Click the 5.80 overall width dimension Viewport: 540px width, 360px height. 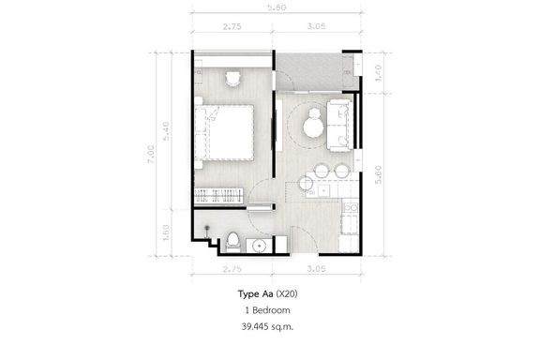(x=277, y=7)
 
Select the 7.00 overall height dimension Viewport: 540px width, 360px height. (x=151, y=154)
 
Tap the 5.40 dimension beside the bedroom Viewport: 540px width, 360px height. (x=166, y=131)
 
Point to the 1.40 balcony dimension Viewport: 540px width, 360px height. (x=378, y=73)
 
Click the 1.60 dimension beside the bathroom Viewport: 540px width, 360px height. (x=166, y=232)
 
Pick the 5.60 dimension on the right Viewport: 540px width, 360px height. (x=378, y=174)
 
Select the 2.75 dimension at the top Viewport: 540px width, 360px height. (x=232, y=26)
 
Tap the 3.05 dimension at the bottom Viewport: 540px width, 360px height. (x=316, y=269)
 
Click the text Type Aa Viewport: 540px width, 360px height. (x=255, y=294)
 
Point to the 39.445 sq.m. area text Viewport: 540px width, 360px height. (x=267, y=326)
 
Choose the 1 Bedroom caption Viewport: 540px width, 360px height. (x=267, y=310)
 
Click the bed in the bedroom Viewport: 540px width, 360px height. (x=224, y=132)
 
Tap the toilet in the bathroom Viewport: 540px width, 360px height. (x=233, y=242)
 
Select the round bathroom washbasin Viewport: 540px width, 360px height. (x=259, y=246)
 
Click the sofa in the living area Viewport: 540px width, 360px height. (x=338, y=126)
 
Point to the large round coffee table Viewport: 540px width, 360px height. (x=313, y=127)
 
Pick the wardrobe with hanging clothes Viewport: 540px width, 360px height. (x=219, y=196)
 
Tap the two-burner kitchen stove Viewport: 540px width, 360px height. (x=351, y=207)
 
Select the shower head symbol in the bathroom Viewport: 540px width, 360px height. (x=207, y=230)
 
